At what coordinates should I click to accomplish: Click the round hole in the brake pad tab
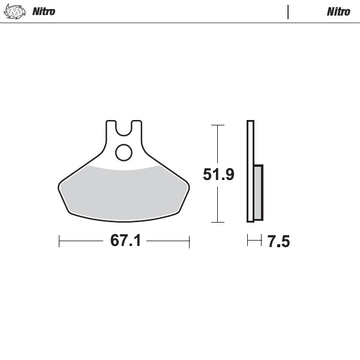pos(124,152)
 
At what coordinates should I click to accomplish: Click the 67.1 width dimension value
pos(125,241)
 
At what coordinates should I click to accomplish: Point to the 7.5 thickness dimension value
pos(278,242)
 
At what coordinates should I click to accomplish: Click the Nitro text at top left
pos(43,11)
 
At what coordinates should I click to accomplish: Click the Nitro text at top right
pos(338,11)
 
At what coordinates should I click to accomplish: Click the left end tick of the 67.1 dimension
pos(59,241)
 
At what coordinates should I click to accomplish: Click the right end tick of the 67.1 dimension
pos(190,241)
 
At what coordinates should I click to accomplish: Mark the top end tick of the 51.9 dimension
pos(217,125)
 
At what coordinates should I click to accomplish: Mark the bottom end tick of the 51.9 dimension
pos(217,223)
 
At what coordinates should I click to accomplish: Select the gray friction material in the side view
pos(258,192)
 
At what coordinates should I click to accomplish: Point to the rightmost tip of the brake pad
pos(190,187)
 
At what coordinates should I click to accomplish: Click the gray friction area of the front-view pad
pos(124,192)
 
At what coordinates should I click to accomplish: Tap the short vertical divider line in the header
pos(288,11)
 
